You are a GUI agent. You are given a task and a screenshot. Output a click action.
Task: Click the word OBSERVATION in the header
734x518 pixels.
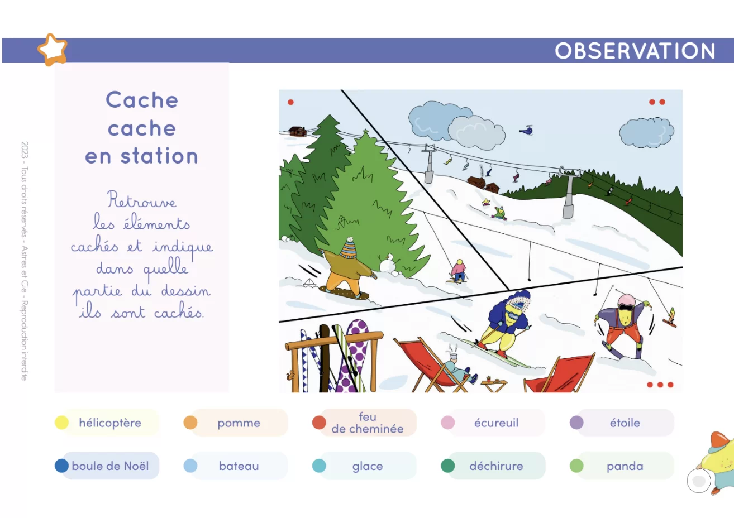pyautogui.click(x=635, y=51)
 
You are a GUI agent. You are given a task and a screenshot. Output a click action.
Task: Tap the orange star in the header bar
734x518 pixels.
pyautogui.click(x=53, y=50)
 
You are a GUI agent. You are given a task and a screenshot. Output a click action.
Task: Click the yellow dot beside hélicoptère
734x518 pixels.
pyautogui.click(x=61, y=423)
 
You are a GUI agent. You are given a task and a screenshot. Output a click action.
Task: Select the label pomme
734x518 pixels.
pyautogui.click(x=239, y=423)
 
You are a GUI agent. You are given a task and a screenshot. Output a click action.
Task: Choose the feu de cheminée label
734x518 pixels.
pyautogui.click(x=368, y=423)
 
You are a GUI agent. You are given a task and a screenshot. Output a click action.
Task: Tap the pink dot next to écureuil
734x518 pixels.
pyautogui.click(x=447, y=423)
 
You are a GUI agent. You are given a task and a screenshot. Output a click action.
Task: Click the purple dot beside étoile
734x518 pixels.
pyautogui.click(x=576, y=423)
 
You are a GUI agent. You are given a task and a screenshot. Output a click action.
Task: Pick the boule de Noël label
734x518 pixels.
pyautogui.click(x=110, y=466)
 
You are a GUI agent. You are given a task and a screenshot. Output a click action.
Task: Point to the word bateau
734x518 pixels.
pyautogui.click(x=239, y=466)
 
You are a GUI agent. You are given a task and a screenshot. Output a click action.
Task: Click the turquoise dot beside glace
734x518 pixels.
pyautogui.click(x=319, y=466)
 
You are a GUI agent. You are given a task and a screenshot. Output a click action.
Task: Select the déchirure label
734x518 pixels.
pyautogui.click(x=496, y=466)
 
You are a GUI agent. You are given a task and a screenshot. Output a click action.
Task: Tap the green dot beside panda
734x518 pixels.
pyautogui.click(x=576, y=466)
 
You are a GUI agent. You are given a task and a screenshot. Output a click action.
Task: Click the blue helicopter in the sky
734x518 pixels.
pyautogui.click(x=527, y=130)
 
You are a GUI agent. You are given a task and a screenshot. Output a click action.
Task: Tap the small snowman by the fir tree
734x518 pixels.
pyautogui.click(x=389, y=263)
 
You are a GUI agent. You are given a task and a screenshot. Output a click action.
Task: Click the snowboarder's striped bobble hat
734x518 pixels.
pyautogui.click(x=349, y=248)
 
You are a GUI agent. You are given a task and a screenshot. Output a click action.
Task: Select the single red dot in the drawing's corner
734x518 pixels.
pyautogui.click(x=290, y=102)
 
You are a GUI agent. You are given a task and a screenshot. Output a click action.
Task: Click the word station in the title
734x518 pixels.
pyautogui.click(x=159, y=156)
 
